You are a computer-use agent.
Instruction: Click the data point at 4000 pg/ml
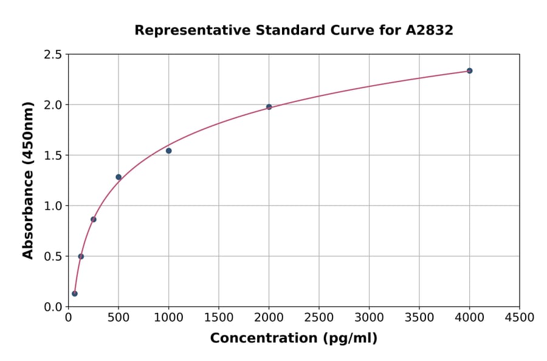(469, 70)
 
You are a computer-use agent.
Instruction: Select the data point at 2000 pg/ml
(269, 107)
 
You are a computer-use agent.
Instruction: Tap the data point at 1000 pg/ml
(168, 151)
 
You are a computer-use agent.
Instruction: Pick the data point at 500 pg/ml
(119, 177)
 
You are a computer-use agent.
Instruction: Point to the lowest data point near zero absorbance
(75, 294)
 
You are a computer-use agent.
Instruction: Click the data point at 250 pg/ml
(94, 219)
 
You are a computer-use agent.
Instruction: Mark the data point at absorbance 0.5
(81, 256)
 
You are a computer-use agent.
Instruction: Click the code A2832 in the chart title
(429, 30)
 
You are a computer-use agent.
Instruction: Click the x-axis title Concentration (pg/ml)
(294, 339)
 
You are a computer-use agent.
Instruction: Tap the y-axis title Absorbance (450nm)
(28, 180)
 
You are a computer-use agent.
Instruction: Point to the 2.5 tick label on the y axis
(53, 55)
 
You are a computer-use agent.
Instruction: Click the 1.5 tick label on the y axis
(53, 156)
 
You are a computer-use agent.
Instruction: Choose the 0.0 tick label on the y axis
(53, 307)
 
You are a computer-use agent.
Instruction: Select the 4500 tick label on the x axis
(520, 318)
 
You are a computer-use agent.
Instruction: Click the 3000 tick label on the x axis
(369, 318)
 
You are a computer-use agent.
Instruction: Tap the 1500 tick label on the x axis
(219, 318)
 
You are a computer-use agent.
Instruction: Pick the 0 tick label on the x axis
(68, 318)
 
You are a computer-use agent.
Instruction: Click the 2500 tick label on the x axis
(319, 318)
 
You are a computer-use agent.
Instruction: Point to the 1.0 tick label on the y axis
(53, 206)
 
